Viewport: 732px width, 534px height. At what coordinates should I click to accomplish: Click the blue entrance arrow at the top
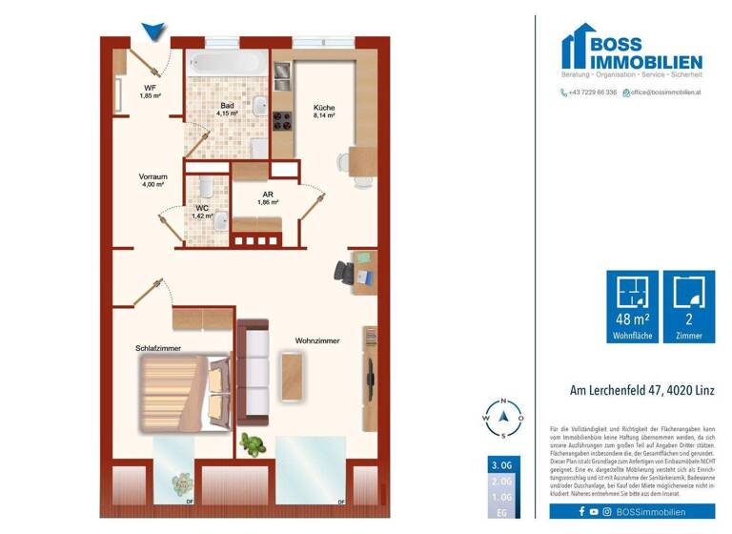click(152, 32)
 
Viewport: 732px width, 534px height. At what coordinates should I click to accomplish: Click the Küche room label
click(324, 109)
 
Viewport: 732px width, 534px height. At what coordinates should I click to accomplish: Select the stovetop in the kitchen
click(282, 121)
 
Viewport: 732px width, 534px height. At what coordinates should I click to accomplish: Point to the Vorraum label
click(152, 178)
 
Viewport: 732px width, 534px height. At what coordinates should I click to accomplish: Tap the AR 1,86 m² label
click(268, 197)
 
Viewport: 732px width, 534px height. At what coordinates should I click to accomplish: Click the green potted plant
click(252, 443)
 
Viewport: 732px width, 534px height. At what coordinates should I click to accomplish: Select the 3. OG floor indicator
click(500, 464)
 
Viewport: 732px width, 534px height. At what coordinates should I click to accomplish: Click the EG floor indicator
click(500, 510)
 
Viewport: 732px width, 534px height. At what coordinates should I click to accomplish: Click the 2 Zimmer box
click(688, 306)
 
